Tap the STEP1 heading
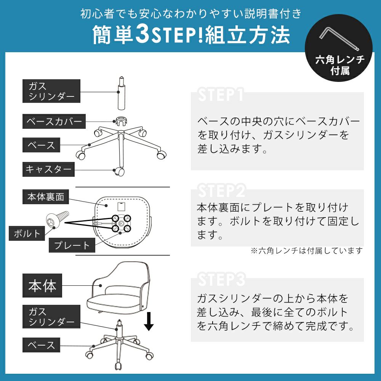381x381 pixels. [x=220, y=94]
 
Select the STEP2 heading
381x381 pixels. [x=221, y=191]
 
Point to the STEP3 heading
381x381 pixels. [x=221, y=279]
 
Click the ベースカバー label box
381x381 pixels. [x=54, y=121]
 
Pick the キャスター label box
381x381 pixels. [x=48, y=169]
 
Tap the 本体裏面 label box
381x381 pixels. [x=46, y=197]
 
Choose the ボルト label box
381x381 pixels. [x=27, y=233]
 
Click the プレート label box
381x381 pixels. [x=72, y=245]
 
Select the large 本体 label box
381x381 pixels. [x=42, y=285]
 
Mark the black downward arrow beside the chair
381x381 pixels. [x=149, y=321]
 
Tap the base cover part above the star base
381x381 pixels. [x=121, y=121]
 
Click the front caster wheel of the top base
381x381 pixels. [x=119, y=171]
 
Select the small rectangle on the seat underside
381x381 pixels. [x=121, y=206]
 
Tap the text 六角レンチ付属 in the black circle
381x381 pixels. [x=340, y=65]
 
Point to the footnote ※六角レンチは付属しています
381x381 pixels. [x=307, y=251]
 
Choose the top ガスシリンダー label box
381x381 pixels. [x=51, y=91]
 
